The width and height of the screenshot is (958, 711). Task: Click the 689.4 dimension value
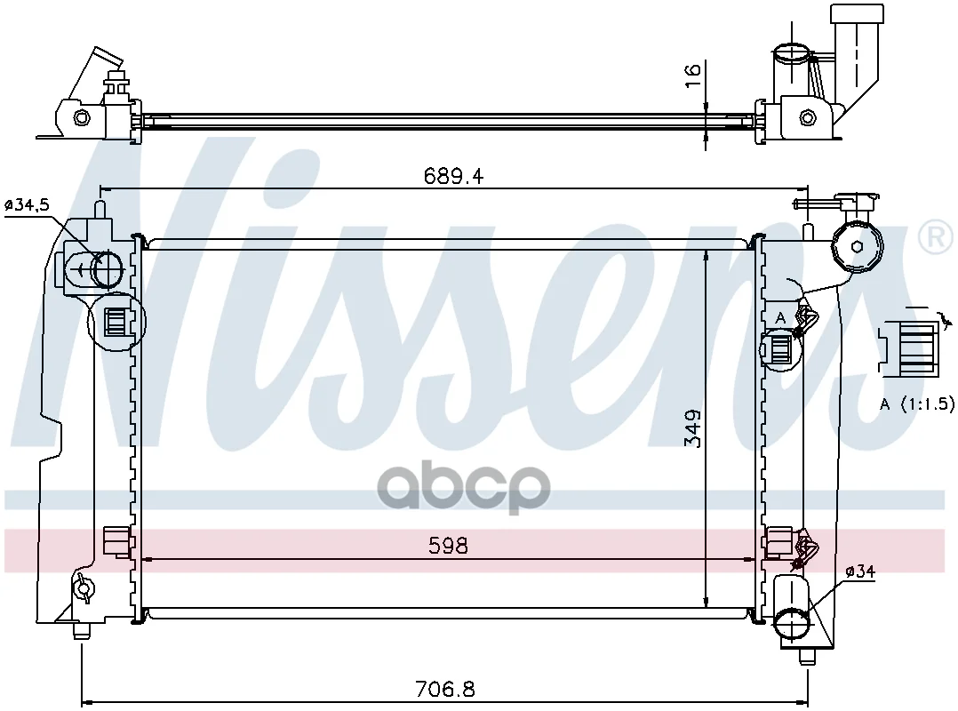pyautogui.click(x=453, y=177)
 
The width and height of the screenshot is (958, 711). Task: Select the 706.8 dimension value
pyautogui.click(x=444, y=690)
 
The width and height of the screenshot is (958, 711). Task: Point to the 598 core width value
pyautogui.click(x=448, y=546)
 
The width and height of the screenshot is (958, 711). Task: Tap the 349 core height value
pyautogui.click(x=693, y=428)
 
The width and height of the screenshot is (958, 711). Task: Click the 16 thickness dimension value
pyautogui.click(x=692, y=76)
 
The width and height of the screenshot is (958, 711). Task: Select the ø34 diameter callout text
pyautogui.click(x=860, y=572)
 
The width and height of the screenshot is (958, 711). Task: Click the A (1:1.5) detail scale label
pyautogui.click(x=916, y=403)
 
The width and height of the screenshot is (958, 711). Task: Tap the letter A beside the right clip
pyautogui.click(x=780, y=318)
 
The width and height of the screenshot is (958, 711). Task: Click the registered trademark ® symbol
pyautogui.click(x=936, y=237)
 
